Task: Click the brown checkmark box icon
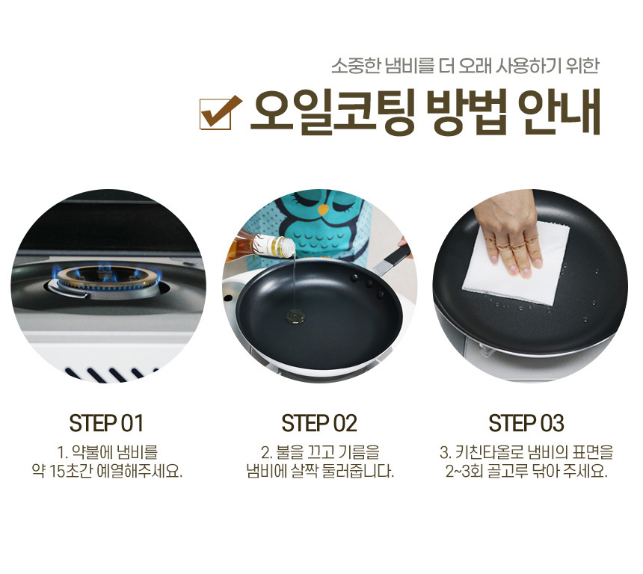(x=219, y=112)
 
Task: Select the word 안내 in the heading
(x=559, y=112)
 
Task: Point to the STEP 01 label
(x=106, y=423)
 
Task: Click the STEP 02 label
(x=319, y=423)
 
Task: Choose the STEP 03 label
(x=526, y=423)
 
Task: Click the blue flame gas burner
(x=108, y=282)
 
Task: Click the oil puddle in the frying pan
(x=295, y=316)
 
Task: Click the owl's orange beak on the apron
(x=324, y=209)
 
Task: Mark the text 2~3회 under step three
(x=464, y=472)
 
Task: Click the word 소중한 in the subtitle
(x=356, y=66)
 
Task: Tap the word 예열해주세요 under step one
(x=140, y=472)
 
